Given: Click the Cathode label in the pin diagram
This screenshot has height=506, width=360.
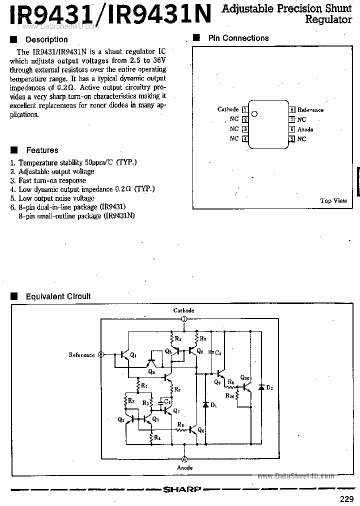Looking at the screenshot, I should point(228,109).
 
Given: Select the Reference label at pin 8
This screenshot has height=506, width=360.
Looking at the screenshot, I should point(310,110).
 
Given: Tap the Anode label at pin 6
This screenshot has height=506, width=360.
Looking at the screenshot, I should point(305,129).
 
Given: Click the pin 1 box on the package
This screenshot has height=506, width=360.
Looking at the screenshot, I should point(244,109).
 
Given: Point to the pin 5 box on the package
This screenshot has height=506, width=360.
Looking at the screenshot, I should point(291,139).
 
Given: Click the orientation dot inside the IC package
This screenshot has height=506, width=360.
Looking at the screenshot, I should point(254,113).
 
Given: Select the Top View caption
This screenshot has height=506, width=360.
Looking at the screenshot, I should point(333,200).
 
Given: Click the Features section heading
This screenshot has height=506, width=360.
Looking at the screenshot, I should point(42,150).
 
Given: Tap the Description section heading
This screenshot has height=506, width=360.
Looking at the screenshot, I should point(46,39).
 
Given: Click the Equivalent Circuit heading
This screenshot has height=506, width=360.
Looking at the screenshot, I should point(58,296).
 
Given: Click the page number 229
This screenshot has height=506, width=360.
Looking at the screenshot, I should point(347,498).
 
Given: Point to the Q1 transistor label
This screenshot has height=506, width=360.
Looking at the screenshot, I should point(133,355).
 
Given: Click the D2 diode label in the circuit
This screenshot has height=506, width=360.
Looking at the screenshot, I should point(270,387).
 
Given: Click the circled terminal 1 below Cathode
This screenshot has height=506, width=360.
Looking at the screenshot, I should point(184,319).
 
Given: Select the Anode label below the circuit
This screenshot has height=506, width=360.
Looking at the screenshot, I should point(184,467).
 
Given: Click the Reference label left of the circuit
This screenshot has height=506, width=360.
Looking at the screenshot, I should point(81,355).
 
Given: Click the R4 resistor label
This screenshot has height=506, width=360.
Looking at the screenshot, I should point(157,438).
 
